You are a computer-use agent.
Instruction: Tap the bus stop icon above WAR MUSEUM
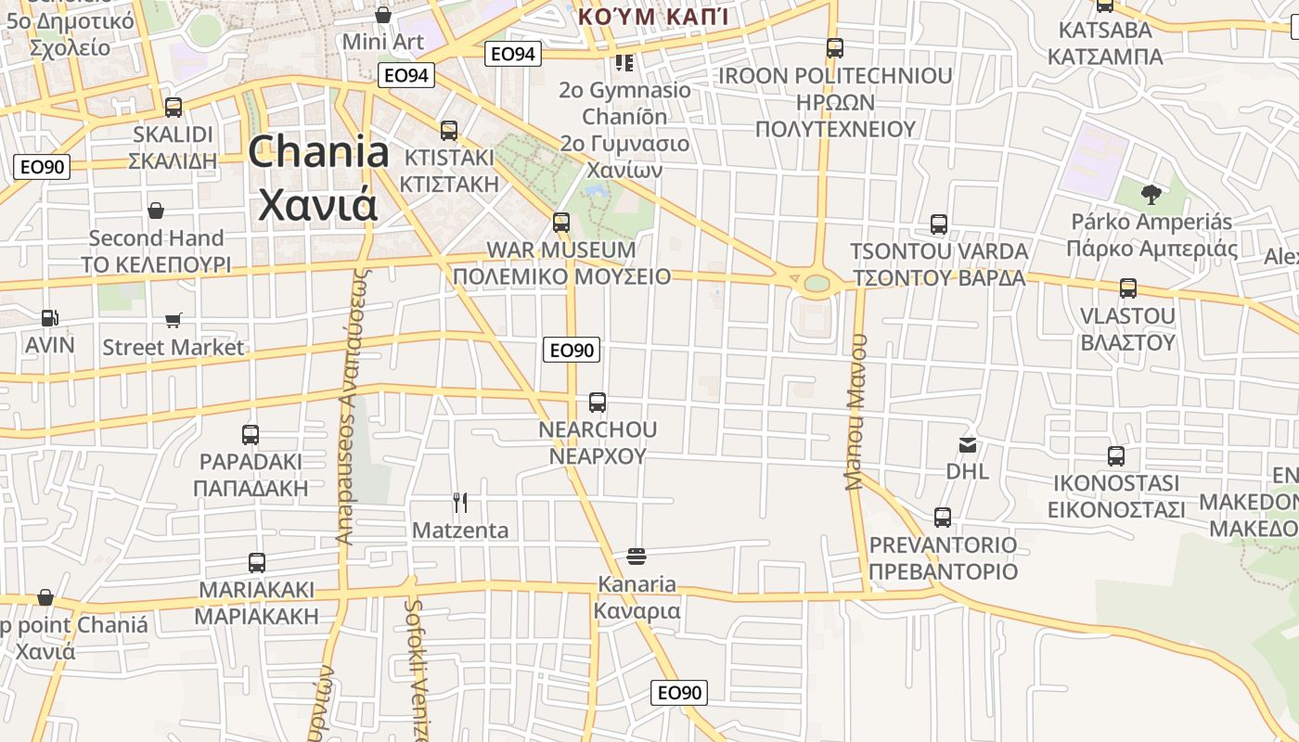(560, 223)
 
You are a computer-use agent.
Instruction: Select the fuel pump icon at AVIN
(49, 318)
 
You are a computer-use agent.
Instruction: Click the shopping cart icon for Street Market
(174, 321)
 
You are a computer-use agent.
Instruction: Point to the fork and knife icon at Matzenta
(460, 503)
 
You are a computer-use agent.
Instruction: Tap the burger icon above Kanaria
(637, 556)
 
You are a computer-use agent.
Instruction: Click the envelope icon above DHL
(968, 445)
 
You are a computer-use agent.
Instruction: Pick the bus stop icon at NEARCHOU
(598, 403)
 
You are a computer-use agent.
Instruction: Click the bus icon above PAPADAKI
(251, 434)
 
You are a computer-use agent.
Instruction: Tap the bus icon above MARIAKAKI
(257, 562)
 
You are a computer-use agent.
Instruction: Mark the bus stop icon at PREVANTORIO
(943, 518)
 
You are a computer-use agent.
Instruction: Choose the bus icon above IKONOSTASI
(1116, 456)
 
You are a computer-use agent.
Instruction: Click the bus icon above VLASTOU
(1128, 288)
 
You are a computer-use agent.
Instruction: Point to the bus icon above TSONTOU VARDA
(939, 224)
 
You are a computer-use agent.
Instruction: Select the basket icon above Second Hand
(156, 211)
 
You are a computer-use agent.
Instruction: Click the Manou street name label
(855, 411)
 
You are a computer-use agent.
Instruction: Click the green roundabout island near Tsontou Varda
(817, 283)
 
